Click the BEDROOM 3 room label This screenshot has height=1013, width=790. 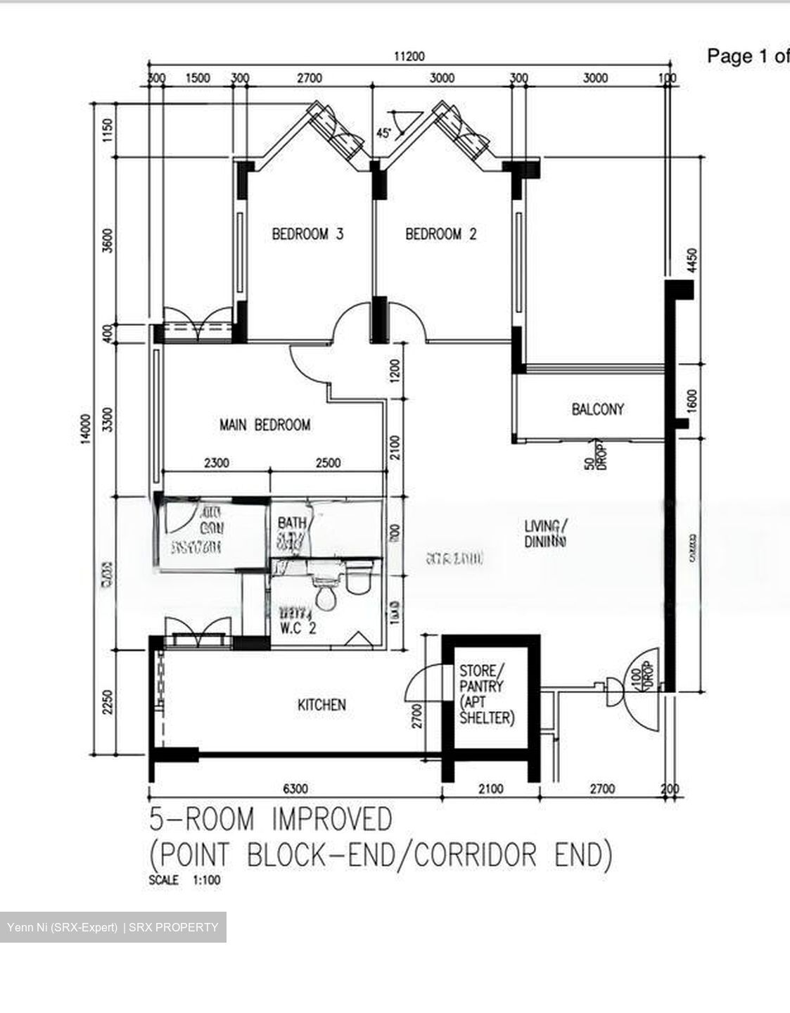point(307,234)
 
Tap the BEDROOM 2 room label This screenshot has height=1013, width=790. point(440,234)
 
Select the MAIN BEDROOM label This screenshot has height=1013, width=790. point(265,425)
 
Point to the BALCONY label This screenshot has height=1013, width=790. point(597,409)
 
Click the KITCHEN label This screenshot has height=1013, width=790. point(321,704)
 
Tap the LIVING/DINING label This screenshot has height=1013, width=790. point(545,533)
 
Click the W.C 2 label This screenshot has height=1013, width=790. point(298,628)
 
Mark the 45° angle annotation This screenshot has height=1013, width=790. point(384,132)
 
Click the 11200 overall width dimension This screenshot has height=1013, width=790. point(409,56)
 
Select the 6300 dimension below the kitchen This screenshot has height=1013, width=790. point(295,789)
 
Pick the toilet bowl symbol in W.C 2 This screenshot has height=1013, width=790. point(326,596)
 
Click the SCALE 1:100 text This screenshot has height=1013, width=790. point(184,879)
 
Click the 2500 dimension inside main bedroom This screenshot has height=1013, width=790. point(328,463)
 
